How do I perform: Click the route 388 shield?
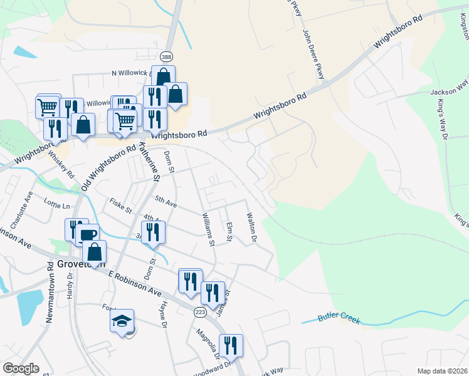(x=166, y=57)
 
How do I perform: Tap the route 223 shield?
(x=200, y=312)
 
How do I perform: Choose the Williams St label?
(x=208, y=229)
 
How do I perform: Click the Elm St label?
(x=229, y=231)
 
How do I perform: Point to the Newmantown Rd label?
(x=50, y=291)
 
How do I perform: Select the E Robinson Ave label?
(x=135, y=284)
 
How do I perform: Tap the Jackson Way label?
(x=450, y=91)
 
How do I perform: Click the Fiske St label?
(x=120, y=204)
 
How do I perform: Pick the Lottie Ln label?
(x=58, y=204)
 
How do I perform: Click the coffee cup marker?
(x=88, y=235)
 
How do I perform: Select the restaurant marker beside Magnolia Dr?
(x=230, y=345)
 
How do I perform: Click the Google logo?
(x=21, y=368)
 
